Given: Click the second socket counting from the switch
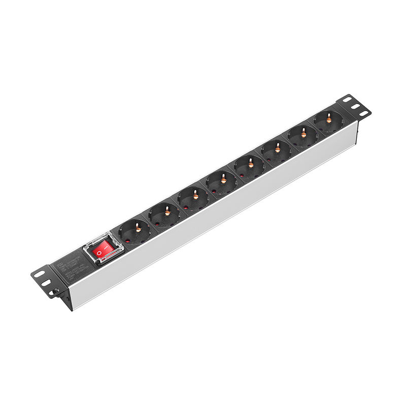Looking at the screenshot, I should (164, 214).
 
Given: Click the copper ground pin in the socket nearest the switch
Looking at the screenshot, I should (138, 229).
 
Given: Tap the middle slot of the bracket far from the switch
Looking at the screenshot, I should (355, 106).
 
